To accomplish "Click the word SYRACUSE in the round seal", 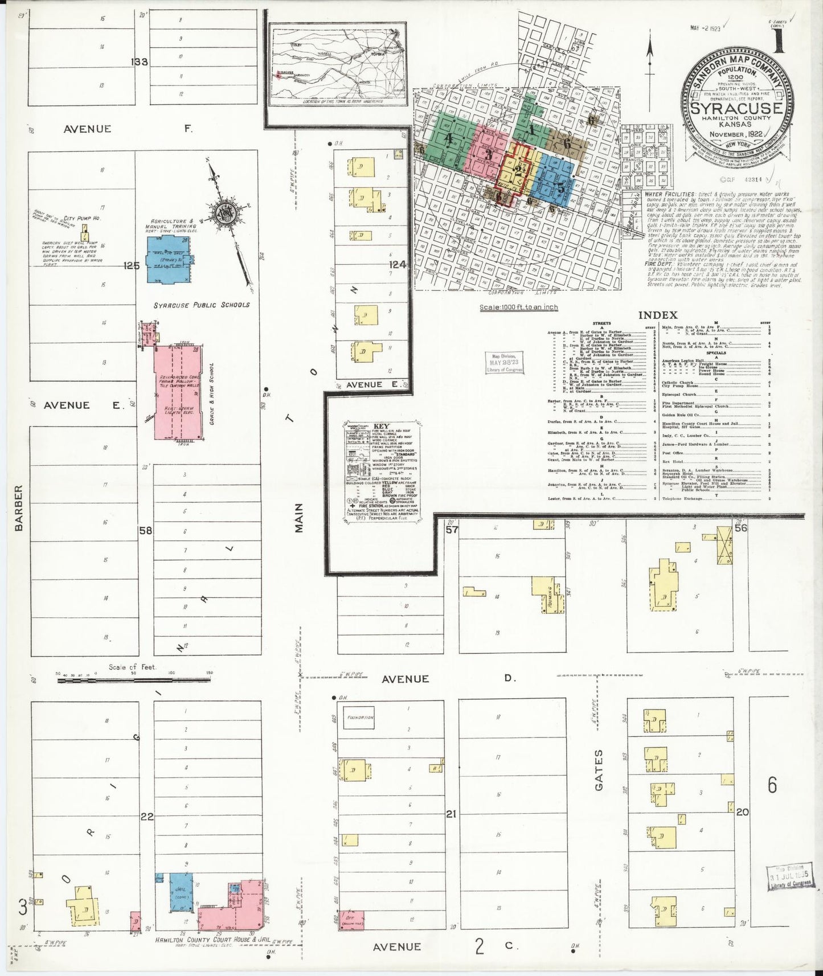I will point(737,108).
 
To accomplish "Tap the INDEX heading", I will point(658,315).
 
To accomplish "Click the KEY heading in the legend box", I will point(382,425).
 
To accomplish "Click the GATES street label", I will point(599,770).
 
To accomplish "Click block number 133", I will point(140,62).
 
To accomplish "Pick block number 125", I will point(132,265).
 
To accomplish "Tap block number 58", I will point(146,531).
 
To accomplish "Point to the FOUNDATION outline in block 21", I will point(359,717).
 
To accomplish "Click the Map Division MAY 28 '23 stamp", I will point(504,363).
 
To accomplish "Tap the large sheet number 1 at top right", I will point(777,41).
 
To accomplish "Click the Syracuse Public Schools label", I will point(201,305).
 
